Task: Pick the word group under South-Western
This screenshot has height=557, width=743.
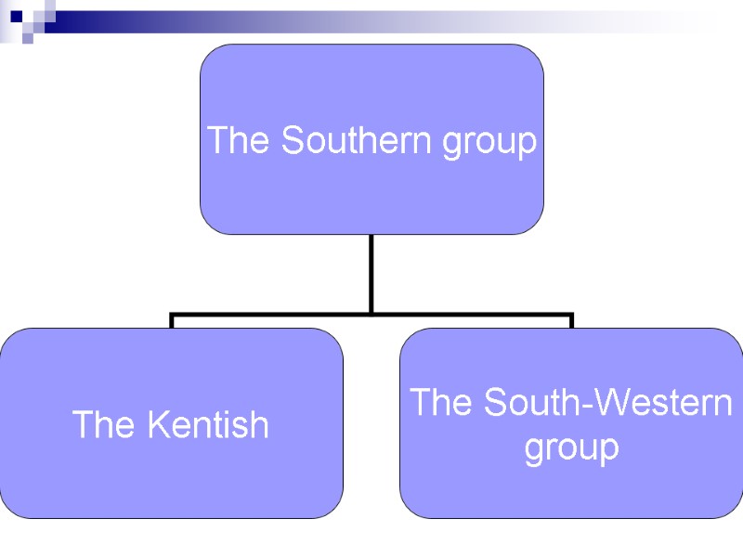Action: tap(571, 449)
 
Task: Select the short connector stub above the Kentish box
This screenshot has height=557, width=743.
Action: tap(172, 321)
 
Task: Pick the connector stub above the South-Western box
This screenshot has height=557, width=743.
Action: tap(571, 321)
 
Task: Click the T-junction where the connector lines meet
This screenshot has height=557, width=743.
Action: tap(371, 314)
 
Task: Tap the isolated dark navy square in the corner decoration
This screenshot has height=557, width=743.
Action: tap(16, 15)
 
